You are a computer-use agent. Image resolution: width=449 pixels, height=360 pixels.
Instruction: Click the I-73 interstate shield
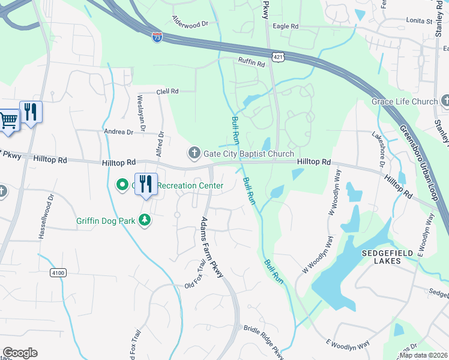(x=157, y=37)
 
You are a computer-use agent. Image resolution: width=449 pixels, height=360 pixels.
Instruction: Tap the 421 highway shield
(x=277, y=57)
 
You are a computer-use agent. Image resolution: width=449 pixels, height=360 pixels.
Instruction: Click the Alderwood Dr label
(x=190, y=22)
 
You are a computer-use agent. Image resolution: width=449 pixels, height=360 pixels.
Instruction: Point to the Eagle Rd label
(x=285, y=26)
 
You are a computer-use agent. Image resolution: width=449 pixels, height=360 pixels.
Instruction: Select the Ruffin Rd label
(x=252, y=61)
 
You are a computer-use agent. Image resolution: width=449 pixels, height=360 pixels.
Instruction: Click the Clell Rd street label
(x=167, y=92)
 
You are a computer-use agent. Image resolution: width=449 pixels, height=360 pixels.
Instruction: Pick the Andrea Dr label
(x=118, y=131)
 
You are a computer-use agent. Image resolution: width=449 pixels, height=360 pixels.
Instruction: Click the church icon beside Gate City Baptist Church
(x=194, y=154)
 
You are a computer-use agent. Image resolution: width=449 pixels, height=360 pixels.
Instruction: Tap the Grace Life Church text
(x=405, y=101)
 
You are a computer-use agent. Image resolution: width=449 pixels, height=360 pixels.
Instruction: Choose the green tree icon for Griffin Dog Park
(x=144, y=220)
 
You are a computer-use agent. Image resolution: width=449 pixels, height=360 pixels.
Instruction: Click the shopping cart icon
(x=8, y=119)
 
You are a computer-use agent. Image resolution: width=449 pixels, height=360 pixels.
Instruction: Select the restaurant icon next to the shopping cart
(x=31, y=112)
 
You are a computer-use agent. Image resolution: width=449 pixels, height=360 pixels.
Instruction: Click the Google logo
(x=20, y=352)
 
